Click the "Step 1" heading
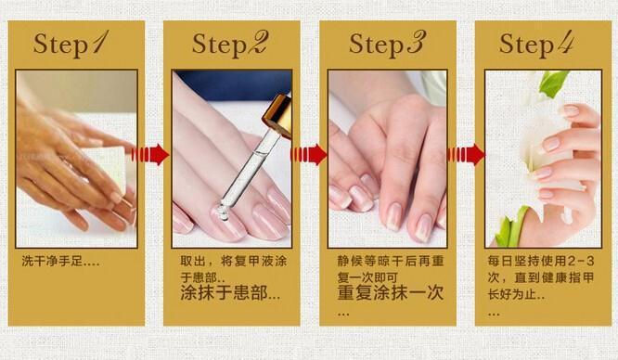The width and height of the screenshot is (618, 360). point(71,43)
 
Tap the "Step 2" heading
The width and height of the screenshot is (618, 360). point(230,43)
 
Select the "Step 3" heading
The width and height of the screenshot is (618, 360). point(387,43)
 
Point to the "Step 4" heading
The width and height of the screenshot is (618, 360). point(536,43)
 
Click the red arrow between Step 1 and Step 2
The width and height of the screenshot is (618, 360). point(150,154)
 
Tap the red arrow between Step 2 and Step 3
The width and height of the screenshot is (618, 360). point(309,154)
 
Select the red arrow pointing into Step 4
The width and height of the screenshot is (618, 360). point(466,154)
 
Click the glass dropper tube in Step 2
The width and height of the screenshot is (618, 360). point(248,171)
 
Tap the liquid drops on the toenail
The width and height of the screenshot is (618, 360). point(221,212)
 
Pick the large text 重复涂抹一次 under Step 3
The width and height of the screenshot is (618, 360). point(391,293)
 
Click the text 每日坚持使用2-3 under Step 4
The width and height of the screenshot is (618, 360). point(541,261)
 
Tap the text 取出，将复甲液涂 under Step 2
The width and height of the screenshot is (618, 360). point(234,261)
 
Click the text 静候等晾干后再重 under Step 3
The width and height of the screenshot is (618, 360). point(391,261)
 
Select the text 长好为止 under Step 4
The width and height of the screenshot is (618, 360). point(511,294)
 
